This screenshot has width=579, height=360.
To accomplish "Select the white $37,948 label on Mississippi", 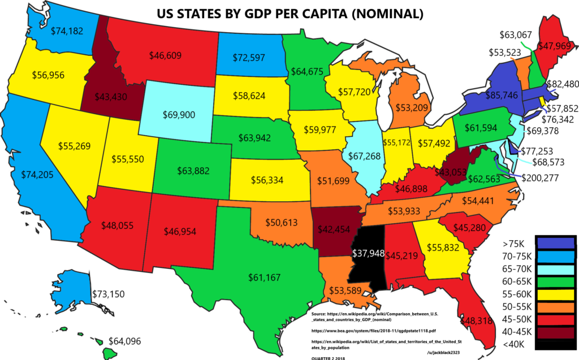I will pos(368,252).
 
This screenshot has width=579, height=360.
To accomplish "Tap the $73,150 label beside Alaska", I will pos(108,294).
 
